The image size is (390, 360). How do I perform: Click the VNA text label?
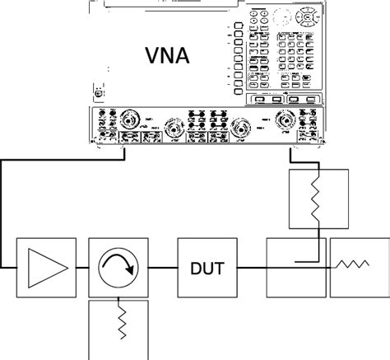[x=168, y=57]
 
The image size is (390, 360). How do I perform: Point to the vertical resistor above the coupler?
[x=316, y=199]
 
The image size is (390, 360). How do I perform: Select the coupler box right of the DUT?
[x=296, y=267]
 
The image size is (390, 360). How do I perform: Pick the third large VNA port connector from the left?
[x=240, y=128]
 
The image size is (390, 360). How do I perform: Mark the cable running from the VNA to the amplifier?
[x=4, y=214]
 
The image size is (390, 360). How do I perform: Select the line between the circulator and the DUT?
[x=161, y=267]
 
